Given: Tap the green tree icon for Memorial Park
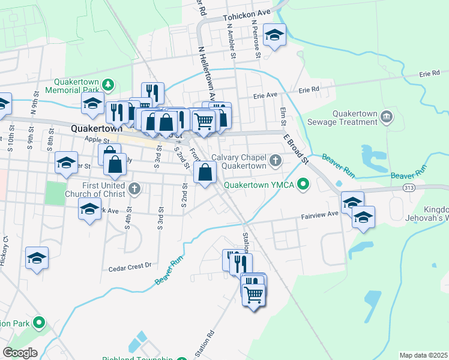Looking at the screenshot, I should click(x=108, y=84).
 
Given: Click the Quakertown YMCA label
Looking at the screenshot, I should click(x=259, y=185).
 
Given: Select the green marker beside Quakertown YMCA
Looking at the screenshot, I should click(x=303, y=184).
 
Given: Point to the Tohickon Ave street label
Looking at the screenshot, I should click(x=247, y=19).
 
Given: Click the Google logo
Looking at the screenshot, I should click(x=20, y=353).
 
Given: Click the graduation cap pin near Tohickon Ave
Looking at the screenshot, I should click(x=274, y=35).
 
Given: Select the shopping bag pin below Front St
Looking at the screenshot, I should click(x=205, y=172).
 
